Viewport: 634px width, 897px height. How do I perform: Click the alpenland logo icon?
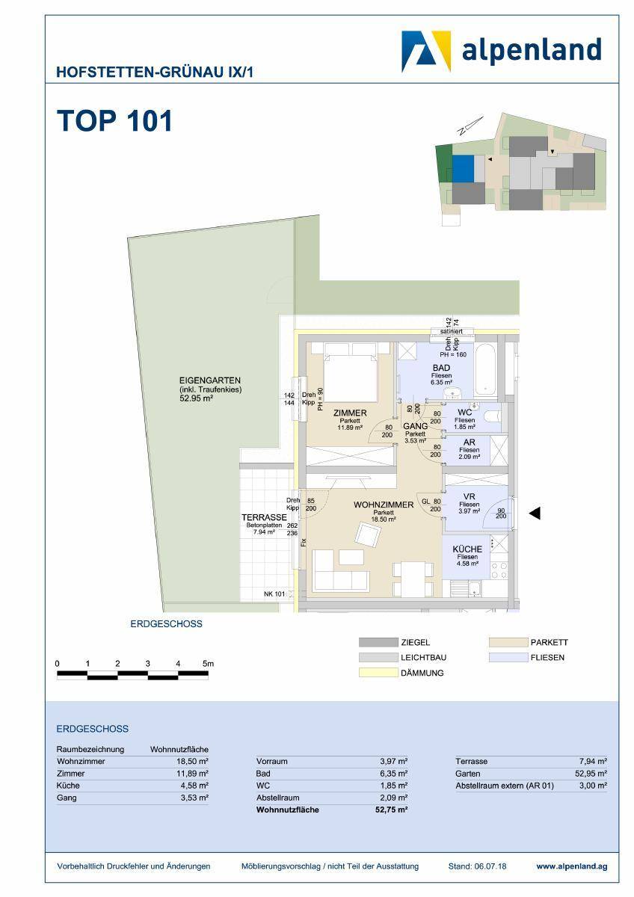(426, 50)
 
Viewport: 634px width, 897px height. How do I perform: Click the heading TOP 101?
(114, 120)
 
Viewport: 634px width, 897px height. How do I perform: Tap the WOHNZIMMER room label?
(384, 505)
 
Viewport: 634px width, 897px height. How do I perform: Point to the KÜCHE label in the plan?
(467, 549)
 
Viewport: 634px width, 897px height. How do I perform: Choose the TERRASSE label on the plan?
(264, 517)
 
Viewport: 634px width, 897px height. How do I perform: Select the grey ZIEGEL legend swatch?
(378, 643)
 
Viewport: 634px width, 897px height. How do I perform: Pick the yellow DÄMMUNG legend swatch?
(378, 673)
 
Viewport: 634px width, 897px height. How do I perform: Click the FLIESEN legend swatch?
(508, 658)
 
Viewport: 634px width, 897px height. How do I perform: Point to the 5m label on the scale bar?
(208, 664)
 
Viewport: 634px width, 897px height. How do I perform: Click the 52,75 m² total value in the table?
(392, 810)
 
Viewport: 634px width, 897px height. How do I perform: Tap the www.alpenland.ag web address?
(571, 866)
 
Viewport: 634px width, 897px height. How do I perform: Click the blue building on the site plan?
(464, 167)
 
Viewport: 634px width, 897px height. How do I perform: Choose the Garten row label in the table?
(468, 774)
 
